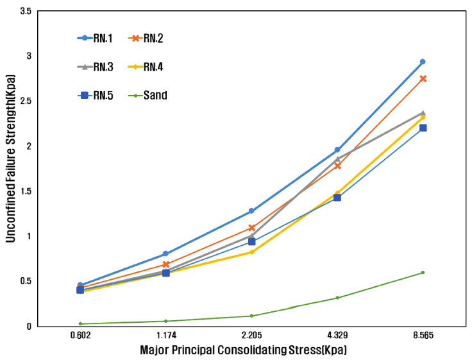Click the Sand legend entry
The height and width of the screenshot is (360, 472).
(146, 96)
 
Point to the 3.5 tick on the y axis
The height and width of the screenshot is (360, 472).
(26, 12)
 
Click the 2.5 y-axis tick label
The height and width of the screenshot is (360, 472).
(26, 101)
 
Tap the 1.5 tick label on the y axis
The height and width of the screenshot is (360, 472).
(26, 191)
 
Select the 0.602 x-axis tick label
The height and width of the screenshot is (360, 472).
(80, 336)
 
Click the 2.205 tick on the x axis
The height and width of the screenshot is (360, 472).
(251, 336)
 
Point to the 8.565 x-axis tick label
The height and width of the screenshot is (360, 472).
(423, 336)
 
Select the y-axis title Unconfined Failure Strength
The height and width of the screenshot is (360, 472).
(11, 168)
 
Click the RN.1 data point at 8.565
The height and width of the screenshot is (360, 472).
(423, 62)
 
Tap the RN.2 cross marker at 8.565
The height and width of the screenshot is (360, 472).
(423, 78)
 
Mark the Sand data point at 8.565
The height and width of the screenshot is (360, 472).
(423, 273)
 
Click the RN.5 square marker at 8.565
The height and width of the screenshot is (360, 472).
(423, 128)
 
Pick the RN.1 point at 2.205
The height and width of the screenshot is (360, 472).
(251, 210)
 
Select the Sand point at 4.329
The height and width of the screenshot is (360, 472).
(337, 298)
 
